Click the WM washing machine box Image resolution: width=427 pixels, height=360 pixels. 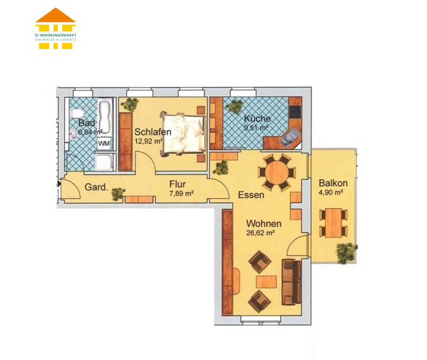(104, 143)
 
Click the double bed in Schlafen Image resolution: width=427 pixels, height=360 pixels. (182, 134)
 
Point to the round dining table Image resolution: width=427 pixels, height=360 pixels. (276, 172)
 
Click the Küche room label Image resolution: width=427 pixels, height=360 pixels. (257, 118)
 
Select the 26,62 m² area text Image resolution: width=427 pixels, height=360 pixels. (260, 233)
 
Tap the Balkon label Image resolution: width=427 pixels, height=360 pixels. (333, 182)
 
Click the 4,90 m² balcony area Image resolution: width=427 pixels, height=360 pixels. (330, 192)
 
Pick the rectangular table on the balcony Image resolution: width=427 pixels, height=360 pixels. (333, 222)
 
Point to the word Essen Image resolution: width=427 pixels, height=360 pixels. (251, 195)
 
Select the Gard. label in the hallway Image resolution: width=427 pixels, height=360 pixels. (96, 187)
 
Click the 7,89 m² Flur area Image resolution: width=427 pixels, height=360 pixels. (181, 193)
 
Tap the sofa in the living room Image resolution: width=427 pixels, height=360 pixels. (291, 282)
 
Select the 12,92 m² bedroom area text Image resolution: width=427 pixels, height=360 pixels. (148, 141)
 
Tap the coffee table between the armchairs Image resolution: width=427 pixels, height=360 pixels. (266, 281)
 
